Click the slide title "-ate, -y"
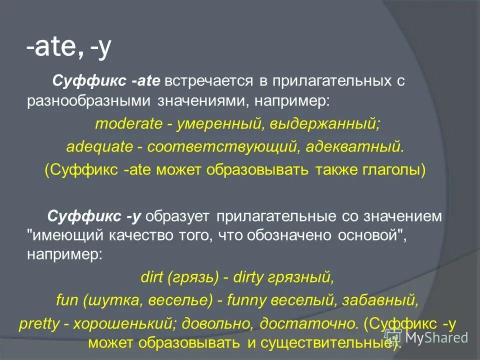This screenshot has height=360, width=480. tap(69, 49)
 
